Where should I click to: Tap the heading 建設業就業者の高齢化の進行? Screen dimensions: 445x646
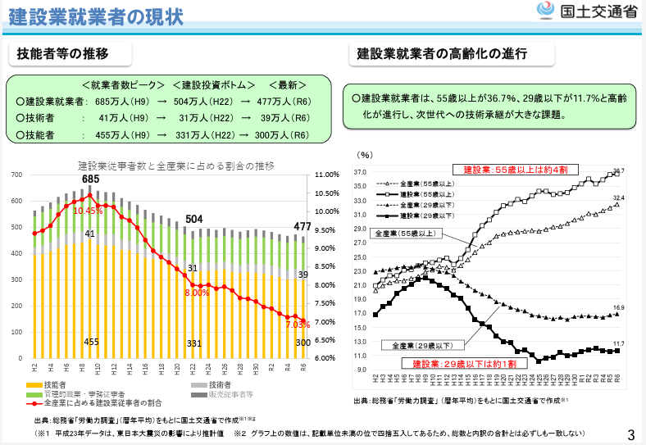pos(442,54)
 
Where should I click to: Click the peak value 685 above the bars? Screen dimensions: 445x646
pos(90,179)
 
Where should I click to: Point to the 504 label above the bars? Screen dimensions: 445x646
pos(193,220)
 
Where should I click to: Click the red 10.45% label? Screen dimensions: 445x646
pos(88,211)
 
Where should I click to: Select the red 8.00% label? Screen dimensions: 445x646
pos(197,293)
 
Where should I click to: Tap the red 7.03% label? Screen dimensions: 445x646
pos(298,324)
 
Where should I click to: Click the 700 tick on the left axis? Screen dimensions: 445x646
pos(16,175)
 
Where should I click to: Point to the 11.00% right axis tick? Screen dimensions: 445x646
pos(326,175)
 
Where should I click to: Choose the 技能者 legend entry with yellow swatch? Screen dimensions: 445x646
pos(55,384)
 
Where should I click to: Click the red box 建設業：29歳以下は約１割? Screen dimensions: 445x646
pos(453,362)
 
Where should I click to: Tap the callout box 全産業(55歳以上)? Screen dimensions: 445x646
pos(407,234)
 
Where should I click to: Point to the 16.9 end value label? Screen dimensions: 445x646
pos(618,307)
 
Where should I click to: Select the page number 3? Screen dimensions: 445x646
pos(630,434)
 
